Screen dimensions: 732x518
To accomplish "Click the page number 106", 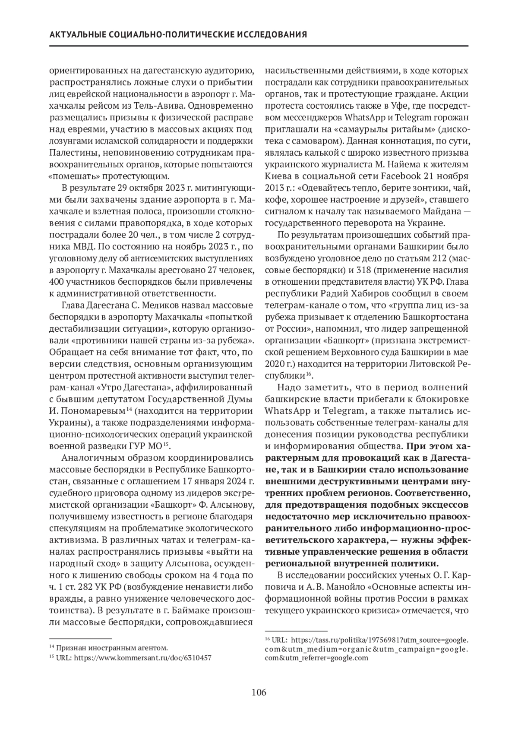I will coord(259,693).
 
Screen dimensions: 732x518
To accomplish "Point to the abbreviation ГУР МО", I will coord(147,445).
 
